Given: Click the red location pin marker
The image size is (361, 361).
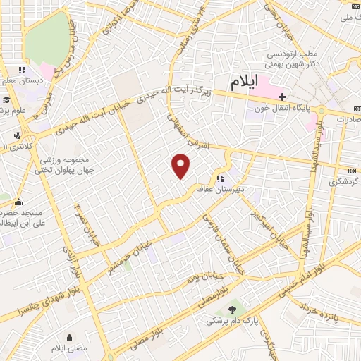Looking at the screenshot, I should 181,166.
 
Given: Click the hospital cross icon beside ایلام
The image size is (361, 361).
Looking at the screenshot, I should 283,97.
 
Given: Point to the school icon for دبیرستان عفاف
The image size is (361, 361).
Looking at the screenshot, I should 221,178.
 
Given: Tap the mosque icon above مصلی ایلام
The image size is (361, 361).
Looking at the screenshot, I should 69,337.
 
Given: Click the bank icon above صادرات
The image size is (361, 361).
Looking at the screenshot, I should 355,109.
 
